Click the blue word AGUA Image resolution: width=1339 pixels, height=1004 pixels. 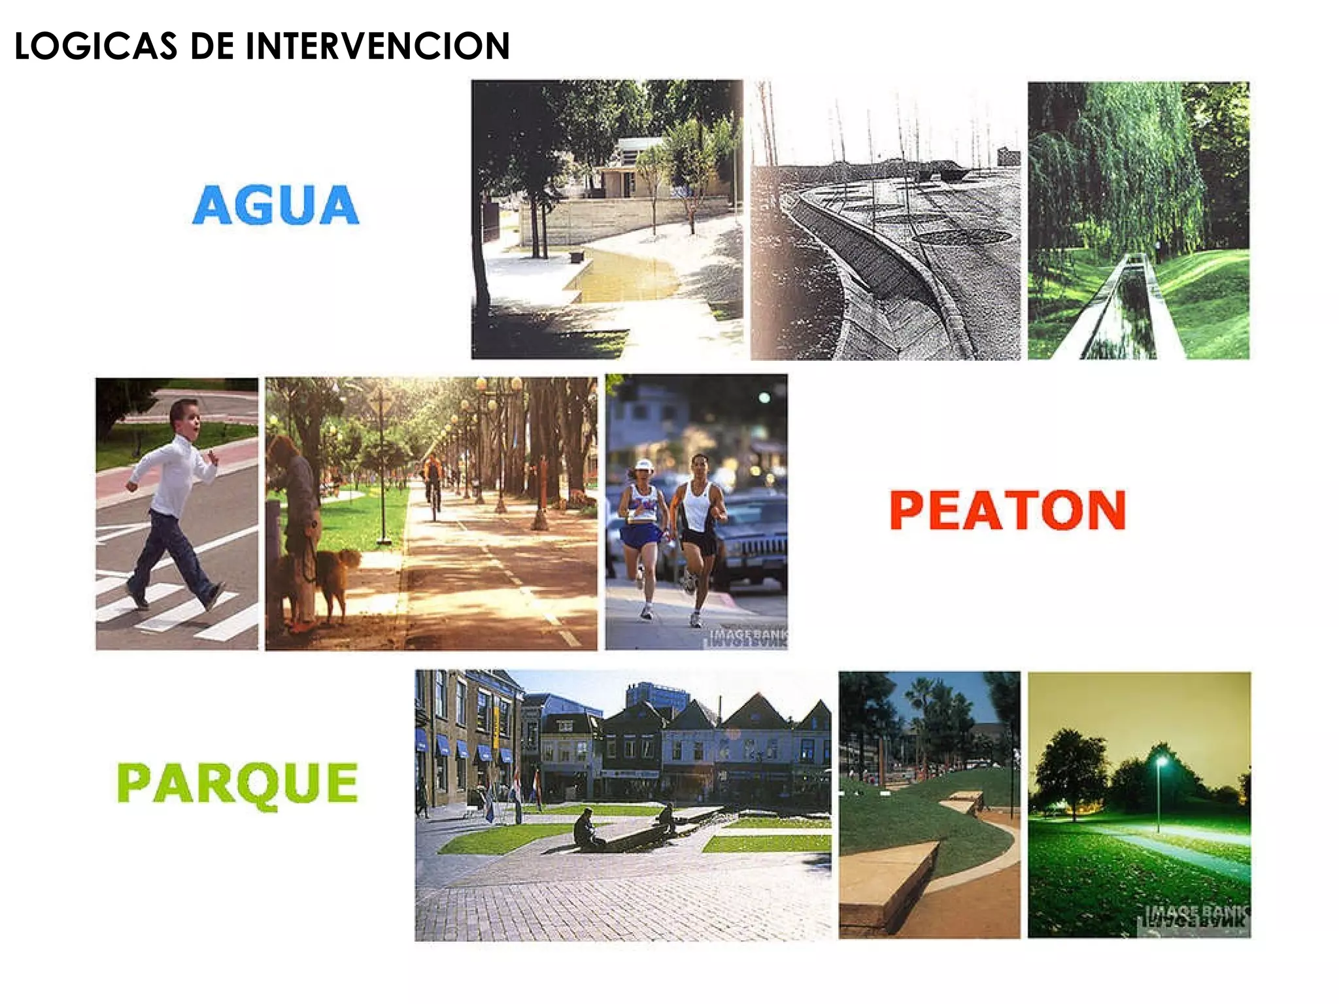[275, 205]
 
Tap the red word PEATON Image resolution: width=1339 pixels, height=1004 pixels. [1008, 510]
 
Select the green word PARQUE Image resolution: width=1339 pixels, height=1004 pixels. [237, 784]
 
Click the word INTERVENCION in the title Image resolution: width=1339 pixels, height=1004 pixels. [377, 46]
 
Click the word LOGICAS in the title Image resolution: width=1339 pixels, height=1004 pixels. [95, 46]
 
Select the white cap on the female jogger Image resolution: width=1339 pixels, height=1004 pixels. [643, 466]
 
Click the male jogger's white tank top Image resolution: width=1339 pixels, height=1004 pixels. [698, 507]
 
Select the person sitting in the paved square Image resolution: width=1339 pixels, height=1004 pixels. [586, 831]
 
